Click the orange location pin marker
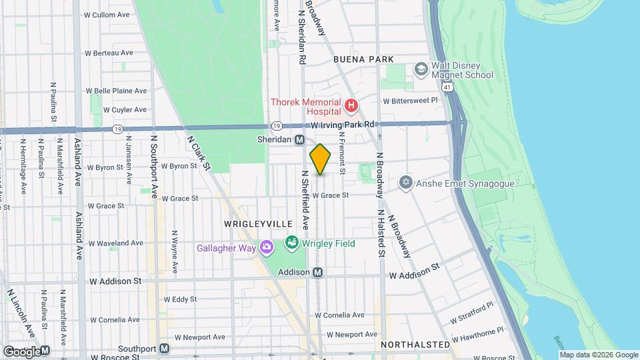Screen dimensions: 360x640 [x=321, y=159]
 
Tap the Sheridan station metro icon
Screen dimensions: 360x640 [x=300, y=140]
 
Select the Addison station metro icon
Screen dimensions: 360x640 [x=318, y=272]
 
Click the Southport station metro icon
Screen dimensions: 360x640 [x=164, y=349]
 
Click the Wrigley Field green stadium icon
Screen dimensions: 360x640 [x=291, y=243]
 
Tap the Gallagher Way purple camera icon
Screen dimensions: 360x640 [x=267, y=248]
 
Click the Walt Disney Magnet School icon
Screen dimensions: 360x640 [x=421, y=69]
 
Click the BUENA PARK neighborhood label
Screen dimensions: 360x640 [x=363, y=59]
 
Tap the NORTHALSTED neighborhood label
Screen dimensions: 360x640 [x=415, y=345]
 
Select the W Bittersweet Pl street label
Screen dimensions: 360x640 [x=409, y=101]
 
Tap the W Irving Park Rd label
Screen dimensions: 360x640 [x=344, y=125]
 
